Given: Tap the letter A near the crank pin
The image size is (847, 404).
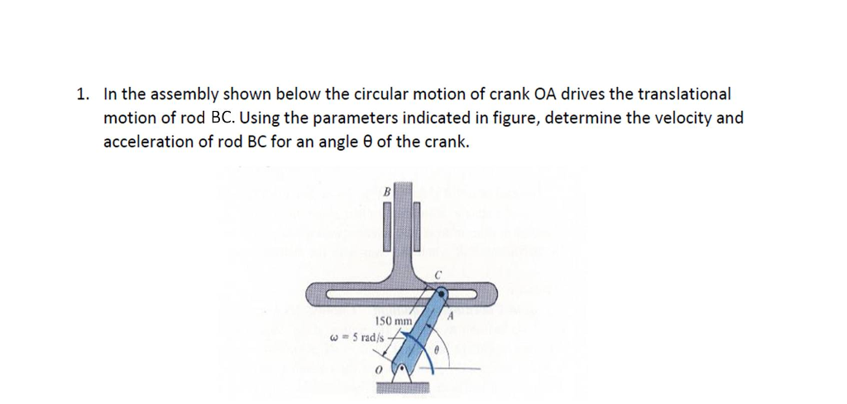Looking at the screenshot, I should (451, 315).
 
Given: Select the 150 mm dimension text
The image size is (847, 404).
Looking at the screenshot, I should (393, 320).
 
